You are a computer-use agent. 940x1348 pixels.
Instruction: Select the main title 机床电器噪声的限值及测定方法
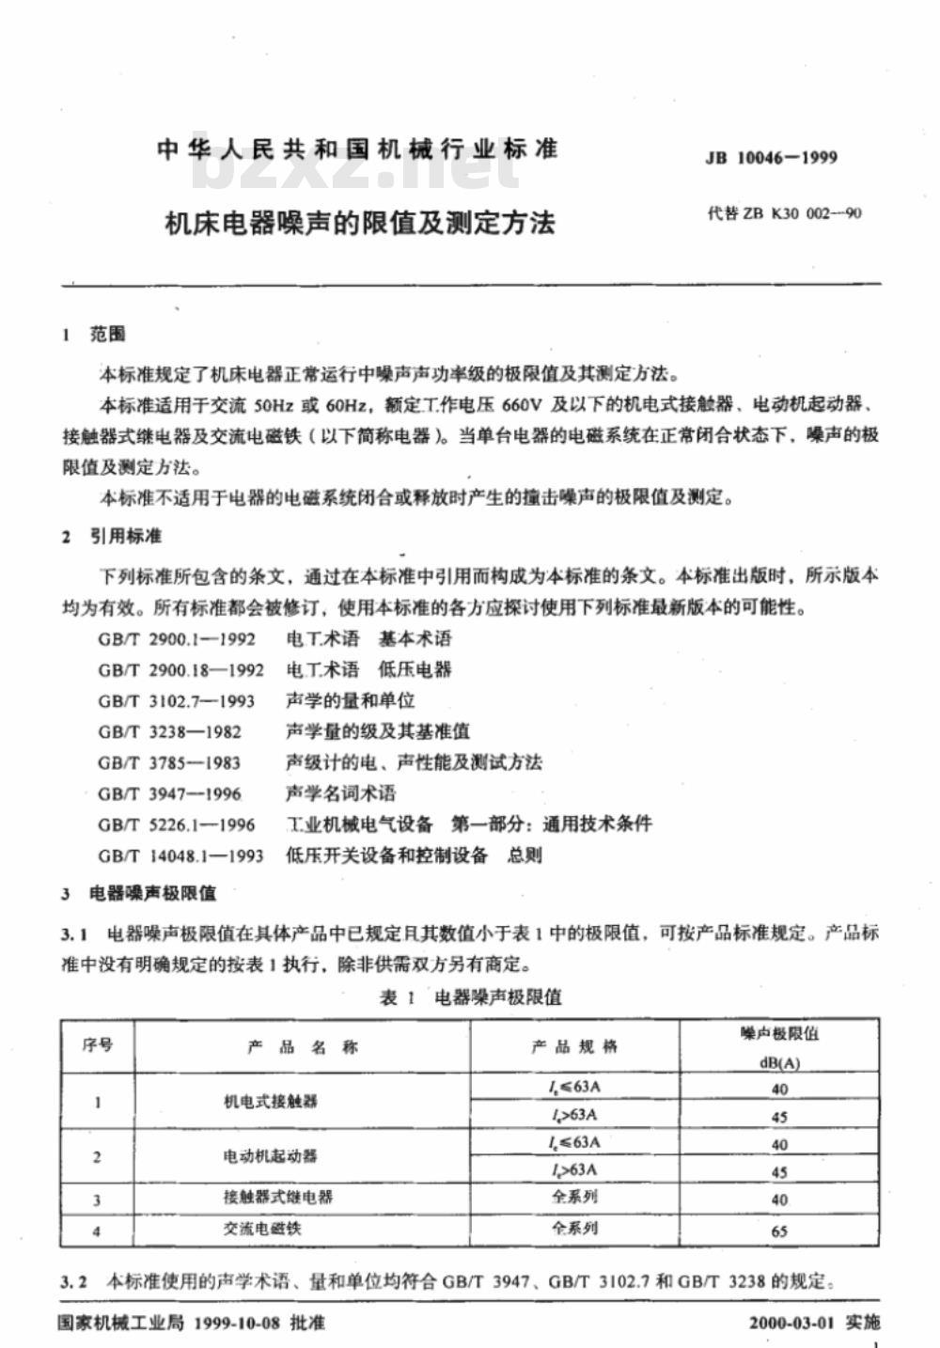tap(360, 224)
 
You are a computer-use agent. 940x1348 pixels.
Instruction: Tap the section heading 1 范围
tap(93, 336)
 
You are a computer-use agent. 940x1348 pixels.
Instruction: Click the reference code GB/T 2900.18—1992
tap(180, 670)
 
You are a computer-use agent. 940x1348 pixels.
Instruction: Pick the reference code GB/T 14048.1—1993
tap(180, 856)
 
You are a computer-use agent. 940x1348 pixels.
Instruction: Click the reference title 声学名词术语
tap(340, 794)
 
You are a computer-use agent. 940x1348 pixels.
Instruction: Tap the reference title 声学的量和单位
tap(350, 701)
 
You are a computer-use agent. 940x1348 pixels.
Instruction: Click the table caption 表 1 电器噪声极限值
tap(470, 997)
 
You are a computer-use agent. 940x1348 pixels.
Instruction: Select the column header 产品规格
tap(574, 1046)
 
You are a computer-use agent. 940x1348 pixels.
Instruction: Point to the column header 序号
tap(98, 1045)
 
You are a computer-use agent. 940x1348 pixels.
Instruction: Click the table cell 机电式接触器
tap(271, 1102)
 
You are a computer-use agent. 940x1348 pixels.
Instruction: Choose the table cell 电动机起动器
tap(271, 1157)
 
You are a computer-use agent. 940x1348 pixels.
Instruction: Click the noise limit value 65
tap(779, 1230)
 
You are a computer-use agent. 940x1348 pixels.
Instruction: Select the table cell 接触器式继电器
tap(278, 1198)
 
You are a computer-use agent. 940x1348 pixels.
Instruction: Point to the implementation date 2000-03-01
tap(791, 1323)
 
